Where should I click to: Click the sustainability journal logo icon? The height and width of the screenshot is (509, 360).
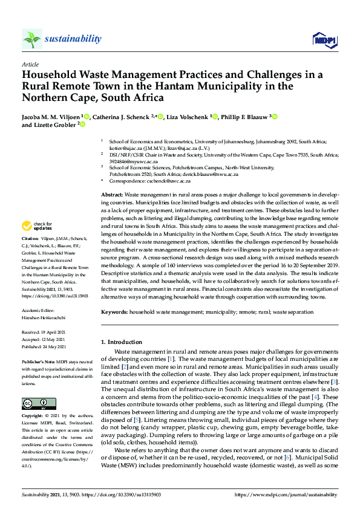[32, 39]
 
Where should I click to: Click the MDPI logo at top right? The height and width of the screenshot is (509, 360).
[324, 40]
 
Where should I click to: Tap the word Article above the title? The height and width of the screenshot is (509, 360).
[30, 64]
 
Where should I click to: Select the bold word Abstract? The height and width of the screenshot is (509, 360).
[112, 195]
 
